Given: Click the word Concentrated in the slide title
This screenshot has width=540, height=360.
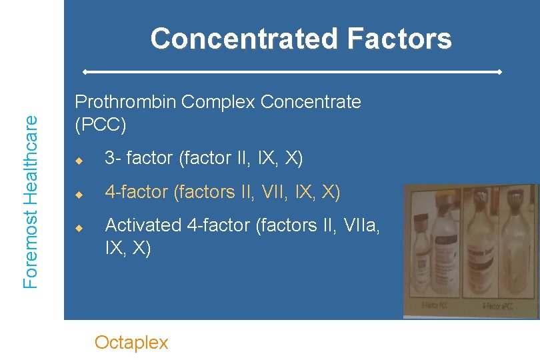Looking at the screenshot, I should (x=243, y=39).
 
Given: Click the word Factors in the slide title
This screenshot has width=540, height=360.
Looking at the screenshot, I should (x=399, y=39).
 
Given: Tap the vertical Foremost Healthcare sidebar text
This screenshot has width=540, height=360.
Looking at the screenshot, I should (x=31, y=201).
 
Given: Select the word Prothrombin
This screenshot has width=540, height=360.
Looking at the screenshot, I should (x=125, y=102).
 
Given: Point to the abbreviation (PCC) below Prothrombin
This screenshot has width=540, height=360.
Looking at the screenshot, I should (x=100, y=125).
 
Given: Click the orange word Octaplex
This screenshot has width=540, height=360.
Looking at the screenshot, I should (x=131, y=343).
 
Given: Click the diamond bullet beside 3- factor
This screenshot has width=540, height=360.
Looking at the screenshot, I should (x=78, y=160).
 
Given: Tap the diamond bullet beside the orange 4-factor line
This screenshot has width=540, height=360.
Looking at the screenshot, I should (x=78, y=194).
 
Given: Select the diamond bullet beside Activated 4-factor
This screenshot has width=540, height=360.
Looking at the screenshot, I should (x=78, y=228).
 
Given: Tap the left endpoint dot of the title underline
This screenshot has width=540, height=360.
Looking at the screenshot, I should (x=85, y=71).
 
